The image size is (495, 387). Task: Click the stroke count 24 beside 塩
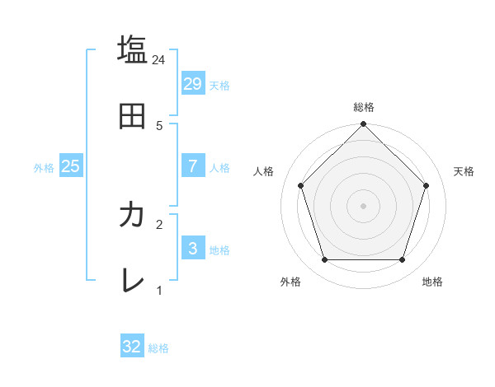159,60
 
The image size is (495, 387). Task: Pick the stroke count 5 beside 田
159,125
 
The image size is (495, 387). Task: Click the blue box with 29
192,83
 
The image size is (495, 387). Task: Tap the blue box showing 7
192,166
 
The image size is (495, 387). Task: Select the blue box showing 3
192,248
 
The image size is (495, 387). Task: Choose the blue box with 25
70,166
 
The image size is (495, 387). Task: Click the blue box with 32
132,347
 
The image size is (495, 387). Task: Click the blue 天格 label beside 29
219,86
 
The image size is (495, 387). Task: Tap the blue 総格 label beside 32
158,349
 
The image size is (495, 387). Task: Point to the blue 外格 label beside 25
44,168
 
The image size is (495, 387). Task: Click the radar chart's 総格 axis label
363,107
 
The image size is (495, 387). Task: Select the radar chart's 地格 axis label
432,282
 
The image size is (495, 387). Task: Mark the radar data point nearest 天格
427,185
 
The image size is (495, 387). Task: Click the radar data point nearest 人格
300,185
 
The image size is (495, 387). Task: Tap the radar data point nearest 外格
324,260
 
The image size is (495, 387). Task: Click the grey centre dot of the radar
363,206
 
